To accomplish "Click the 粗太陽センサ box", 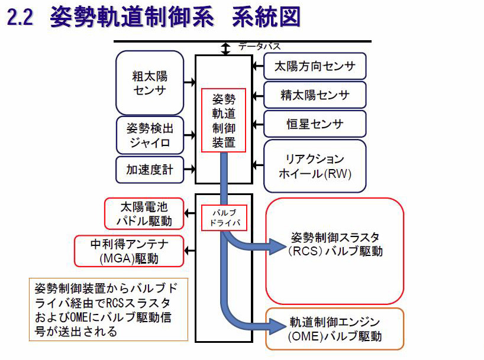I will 150,83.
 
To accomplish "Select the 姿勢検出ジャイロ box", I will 149,135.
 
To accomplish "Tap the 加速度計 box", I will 149,170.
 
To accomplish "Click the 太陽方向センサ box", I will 315,66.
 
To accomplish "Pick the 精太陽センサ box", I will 315,95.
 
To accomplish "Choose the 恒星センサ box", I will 315,124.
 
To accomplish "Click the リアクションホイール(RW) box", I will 315,166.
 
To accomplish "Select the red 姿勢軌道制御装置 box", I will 223,120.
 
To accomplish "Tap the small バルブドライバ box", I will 224,218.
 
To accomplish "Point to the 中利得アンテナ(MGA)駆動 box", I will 129,251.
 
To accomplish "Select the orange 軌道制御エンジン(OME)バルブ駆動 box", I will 335,329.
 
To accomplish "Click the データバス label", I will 259,46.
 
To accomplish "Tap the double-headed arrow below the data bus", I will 225,49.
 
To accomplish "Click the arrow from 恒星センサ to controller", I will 256,124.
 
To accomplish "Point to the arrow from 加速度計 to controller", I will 189,170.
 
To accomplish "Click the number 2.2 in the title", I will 19,17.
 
